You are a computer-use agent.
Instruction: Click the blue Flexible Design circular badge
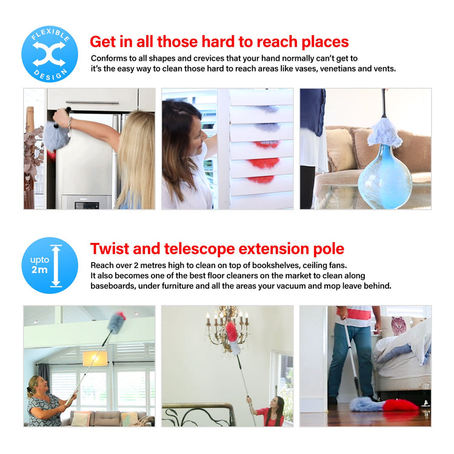coord(50,54)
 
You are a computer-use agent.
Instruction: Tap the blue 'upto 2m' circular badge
coord(50,265)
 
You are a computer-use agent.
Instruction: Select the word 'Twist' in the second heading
coord(111,249)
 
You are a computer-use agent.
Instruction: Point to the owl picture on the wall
coord(399,325)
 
